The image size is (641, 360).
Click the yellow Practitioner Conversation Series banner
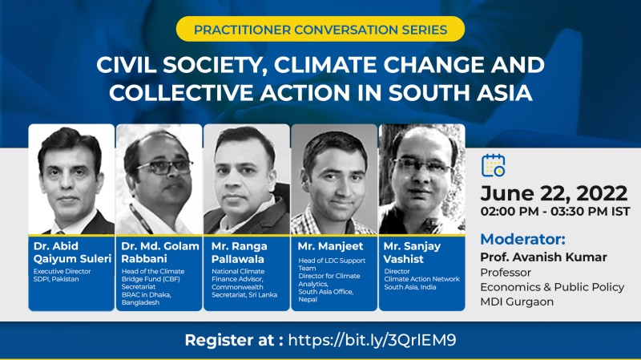[x=320, y=29]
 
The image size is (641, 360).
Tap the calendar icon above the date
[x=493, y=166]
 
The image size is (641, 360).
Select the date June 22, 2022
[x=554, y=193]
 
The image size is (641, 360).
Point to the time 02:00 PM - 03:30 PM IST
[x=555, y=212]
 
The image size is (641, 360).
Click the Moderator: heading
[x=523, y=239]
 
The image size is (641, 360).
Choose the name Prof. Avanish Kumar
[x=544, y=257]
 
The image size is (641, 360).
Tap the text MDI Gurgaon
[x=517, y=302]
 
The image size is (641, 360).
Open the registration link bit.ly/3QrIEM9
[x=372, y=340]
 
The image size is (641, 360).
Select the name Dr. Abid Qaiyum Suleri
[x=72, y=253]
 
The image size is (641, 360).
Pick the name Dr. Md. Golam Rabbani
[x=159, y=253]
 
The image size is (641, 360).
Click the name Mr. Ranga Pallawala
[x=239, y=253]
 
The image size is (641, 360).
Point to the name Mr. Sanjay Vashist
[x=412, y=253]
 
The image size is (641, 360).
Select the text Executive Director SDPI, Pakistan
[x=62, y=275]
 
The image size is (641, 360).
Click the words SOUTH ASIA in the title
[x=460, y=92]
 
